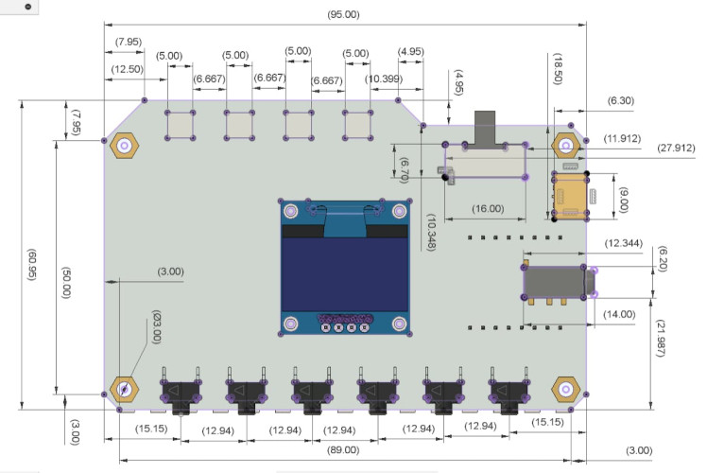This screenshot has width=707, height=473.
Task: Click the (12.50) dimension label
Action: (128, 69)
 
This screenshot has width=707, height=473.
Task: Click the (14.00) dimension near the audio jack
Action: (619, 314)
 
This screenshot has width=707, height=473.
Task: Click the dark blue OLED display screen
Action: (345, 274)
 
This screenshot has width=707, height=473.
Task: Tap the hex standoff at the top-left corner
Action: (122, 146)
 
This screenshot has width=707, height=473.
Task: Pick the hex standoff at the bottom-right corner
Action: (565, 390)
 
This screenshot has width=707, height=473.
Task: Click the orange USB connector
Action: (568, 195)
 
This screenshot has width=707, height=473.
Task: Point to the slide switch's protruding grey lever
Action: (485, 129)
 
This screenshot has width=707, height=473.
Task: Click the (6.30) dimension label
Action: (623, 98)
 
